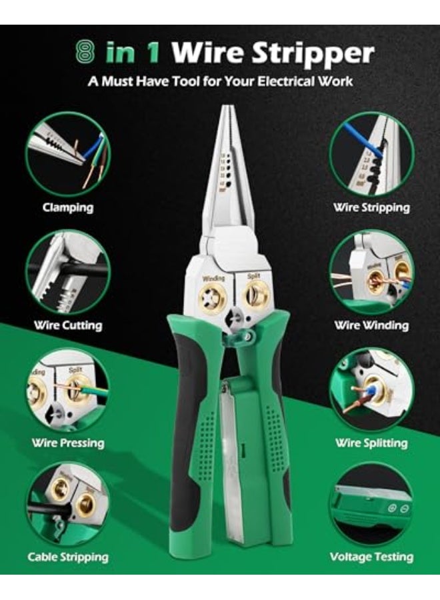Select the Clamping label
coord(67,207)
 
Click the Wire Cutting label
coord(67,325)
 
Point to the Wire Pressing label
coord(67,443)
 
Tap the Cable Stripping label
coord(67,557)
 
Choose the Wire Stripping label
coord(371,207)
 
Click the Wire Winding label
coord(371,325)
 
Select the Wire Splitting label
coord(371,443)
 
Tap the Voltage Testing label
coord(371,557)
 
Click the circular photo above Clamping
coord(67,154)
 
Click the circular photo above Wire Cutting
coord(67,272)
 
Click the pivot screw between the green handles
coord(248,337)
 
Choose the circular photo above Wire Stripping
coord(371,154)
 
